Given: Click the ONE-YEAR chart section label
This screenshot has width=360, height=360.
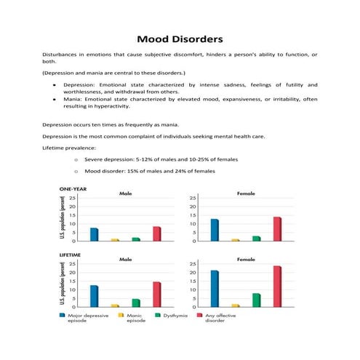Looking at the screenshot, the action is [x=73, y=189].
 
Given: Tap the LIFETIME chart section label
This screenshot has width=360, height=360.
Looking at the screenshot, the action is [x=71, y=254].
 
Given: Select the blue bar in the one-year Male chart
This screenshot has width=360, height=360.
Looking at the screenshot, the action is [x=94, y=234].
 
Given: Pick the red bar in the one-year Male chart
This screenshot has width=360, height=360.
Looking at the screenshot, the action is [x=156, y=233].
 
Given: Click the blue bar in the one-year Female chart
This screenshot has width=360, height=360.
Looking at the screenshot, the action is [x=215, y=230].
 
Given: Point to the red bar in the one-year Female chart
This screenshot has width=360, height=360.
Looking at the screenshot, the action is [x=276, y=228].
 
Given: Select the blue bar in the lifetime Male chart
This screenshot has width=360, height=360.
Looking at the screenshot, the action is [x=94, y=296].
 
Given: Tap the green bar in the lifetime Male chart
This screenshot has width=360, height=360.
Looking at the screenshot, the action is [x=136, y=303].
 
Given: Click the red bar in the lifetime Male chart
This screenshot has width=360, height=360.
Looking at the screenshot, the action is [x=156, y=294].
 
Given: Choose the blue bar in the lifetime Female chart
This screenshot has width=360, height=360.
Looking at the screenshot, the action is [x=215, y=288].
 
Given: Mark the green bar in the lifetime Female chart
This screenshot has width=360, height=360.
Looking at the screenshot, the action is [x=256, y=300].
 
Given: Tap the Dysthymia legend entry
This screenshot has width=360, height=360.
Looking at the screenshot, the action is [x=175, y=316].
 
